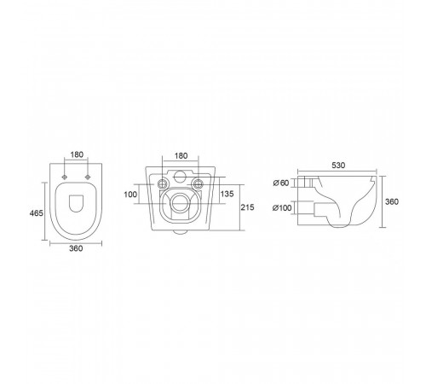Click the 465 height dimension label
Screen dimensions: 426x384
pyautogui.click(x=37, y=212)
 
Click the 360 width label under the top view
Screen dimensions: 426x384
pyautogui.click(x=76, y=248)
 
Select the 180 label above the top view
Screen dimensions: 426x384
pyautogui.click(x=77, y=154)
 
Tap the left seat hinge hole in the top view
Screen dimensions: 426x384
pyautogui.click(x=65, y=177)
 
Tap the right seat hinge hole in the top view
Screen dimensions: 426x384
pyautogui.click(x=88, y=177)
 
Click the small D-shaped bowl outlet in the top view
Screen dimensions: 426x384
pyautogui.click(x=76, y=203)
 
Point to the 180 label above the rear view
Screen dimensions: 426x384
pyautogui.click(x=181, y=156)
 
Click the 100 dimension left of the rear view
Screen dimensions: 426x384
pyautogui.click(x=130, y=195)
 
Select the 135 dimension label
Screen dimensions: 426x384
pyautogui.click(x=227, y=194)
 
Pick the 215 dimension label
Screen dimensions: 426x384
pyautogui.click(x=247, y=207)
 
